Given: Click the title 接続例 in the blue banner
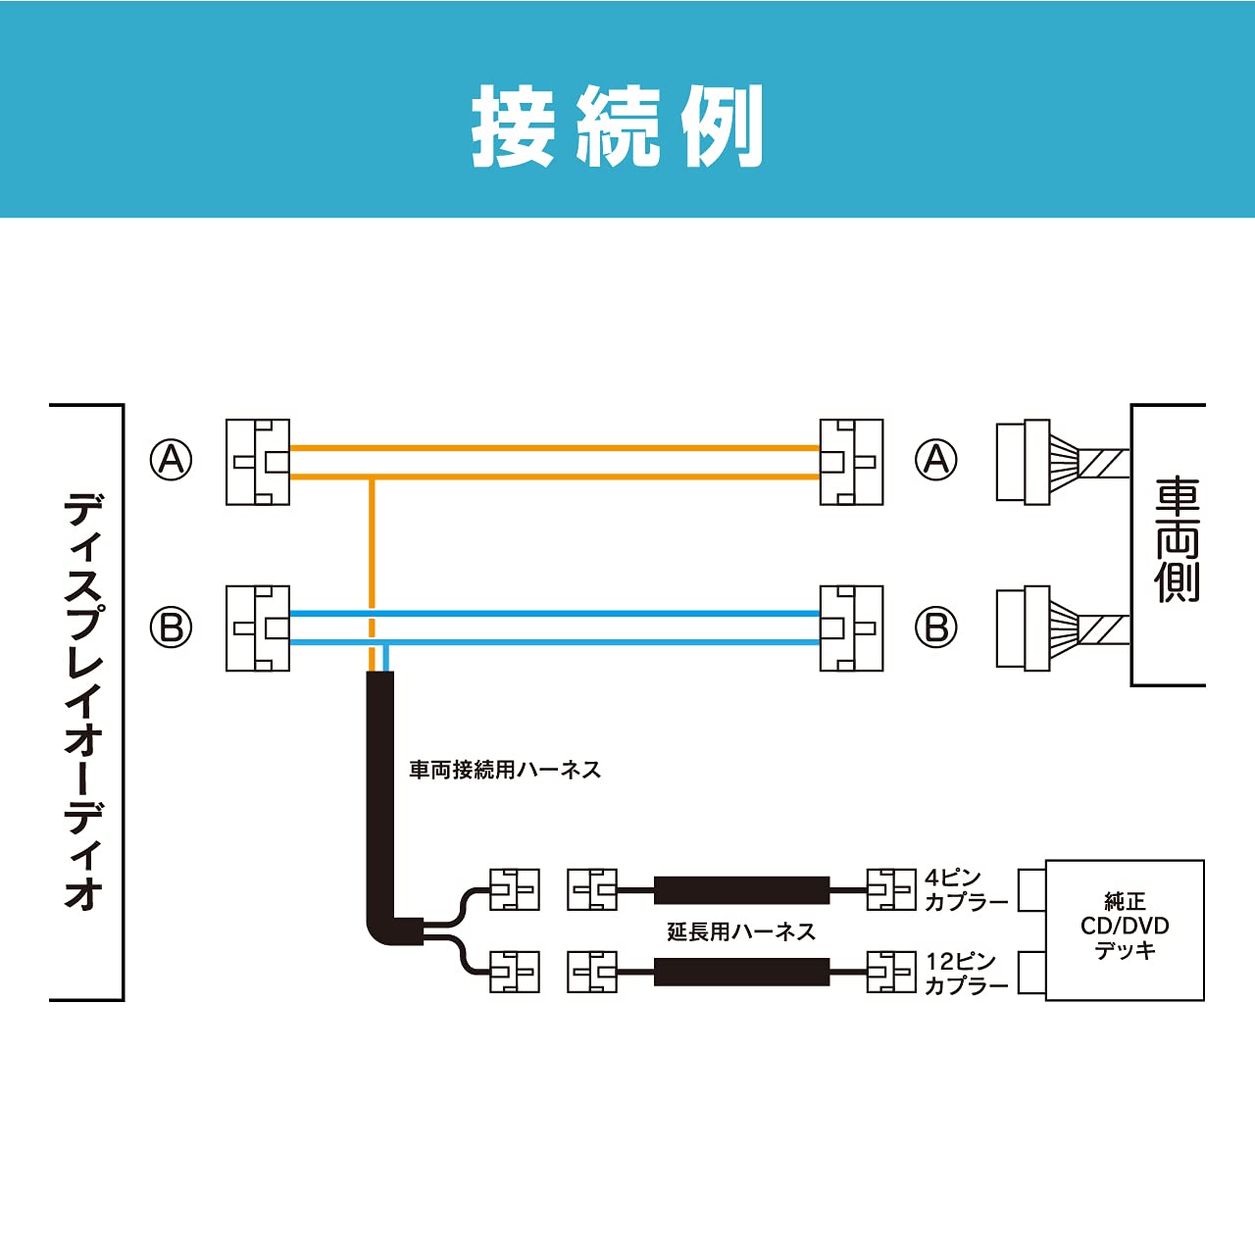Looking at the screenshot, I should tap(618, 126).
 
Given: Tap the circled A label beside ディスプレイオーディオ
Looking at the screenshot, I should tap(171, 459).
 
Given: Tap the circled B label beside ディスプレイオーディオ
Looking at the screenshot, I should tap(171, 627).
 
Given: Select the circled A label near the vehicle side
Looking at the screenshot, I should tap(936, 459).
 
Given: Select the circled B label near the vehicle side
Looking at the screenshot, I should tap(936, 627).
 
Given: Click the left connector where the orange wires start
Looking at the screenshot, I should tap(258, 462).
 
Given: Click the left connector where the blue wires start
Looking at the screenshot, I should tap(258, 628).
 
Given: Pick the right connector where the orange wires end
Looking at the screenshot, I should tap(851, 462).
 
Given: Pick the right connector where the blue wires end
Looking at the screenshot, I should tap(851, 628).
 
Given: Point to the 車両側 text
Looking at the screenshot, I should tap(1177, 540).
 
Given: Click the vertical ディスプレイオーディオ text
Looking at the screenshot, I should tap(84, 701).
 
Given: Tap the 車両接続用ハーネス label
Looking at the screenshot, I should tap(505, 770).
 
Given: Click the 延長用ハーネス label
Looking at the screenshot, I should tap(741, 931).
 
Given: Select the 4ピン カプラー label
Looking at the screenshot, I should tap(965, 889).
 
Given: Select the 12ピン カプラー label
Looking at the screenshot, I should tap(965, 974).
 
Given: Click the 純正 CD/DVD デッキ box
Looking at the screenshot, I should tap(1125, 929).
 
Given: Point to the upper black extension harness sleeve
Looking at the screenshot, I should tap(741, 890).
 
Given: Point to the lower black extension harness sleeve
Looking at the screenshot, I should tap(741, 973).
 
